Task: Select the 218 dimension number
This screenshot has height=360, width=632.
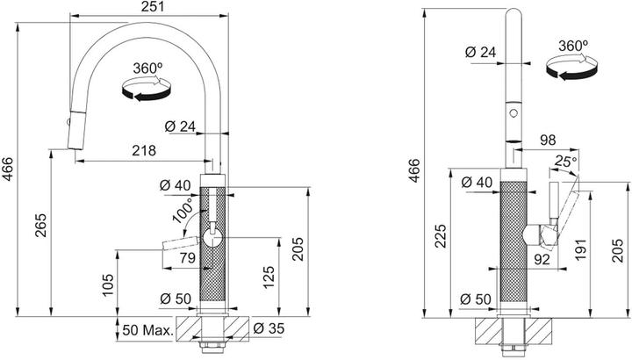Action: point(144,151)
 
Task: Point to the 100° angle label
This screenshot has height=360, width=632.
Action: point(183,211)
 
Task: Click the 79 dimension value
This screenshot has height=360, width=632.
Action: point(188,257)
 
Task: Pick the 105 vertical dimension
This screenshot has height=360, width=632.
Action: point(108,284)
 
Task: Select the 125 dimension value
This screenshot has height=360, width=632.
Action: point(269,277)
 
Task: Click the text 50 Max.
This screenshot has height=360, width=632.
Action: point(147,330)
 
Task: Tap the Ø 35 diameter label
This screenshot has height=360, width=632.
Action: point(269,328)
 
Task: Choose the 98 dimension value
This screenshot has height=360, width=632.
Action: point(548,140)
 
